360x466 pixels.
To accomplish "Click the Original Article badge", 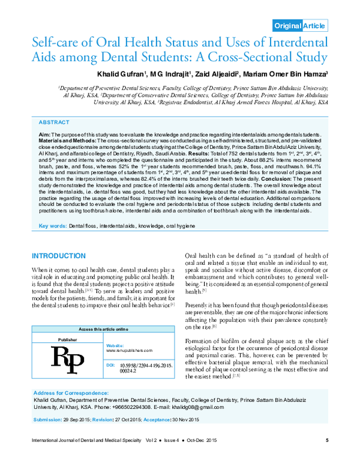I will click(x=300, y=25).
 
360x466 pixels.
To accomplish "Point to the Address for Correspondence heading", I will click(x=72, y=392).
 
